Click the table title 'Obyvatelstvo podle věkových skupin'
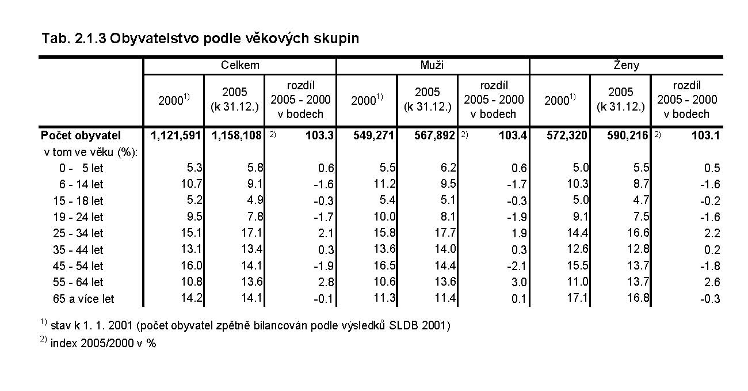234,39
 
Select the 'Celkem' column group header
240,65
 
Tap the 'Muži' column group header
432,65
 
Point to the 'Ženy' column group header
625,65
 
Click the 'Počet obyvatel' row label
81,136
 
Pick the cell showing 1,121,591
175,136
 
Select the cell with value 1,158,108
237,136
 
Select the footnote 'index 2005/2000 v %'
104,343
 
